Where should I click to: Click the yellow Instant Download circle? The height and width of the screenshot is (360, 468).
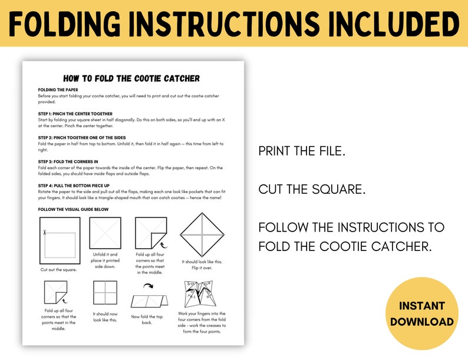pos(421,314)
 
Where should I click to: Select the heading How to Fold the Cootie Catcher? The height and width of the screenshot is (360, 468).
pos(131,78)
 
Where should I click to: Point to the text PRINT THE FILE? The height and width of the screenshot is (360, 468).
pos(302,151)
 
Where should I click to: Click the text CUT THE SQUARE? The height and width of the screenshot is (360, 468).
pos(312,189)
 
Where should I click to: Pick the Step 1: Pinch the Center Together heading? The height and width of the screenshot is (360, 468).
pos(75,114)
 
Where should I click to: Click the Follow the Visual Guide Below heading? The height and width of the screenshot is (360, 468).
pos(74,209)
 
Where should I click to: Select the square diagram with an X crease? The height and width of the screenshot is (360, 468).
pos(105,233)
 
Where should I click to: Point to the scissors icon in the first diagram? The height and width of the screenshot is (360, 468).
pos(44,232)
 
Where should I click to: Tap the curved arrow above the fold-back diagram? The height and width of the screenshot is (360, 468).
pos(149,287)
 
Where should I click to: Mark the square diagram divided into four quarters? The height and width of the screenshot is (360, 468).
pos(105,292)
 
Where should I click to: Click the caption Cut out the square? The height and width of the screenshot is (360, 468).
pos(60,269)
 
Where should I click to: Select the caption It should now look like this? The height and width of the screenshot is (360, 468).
pos(105,318)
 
